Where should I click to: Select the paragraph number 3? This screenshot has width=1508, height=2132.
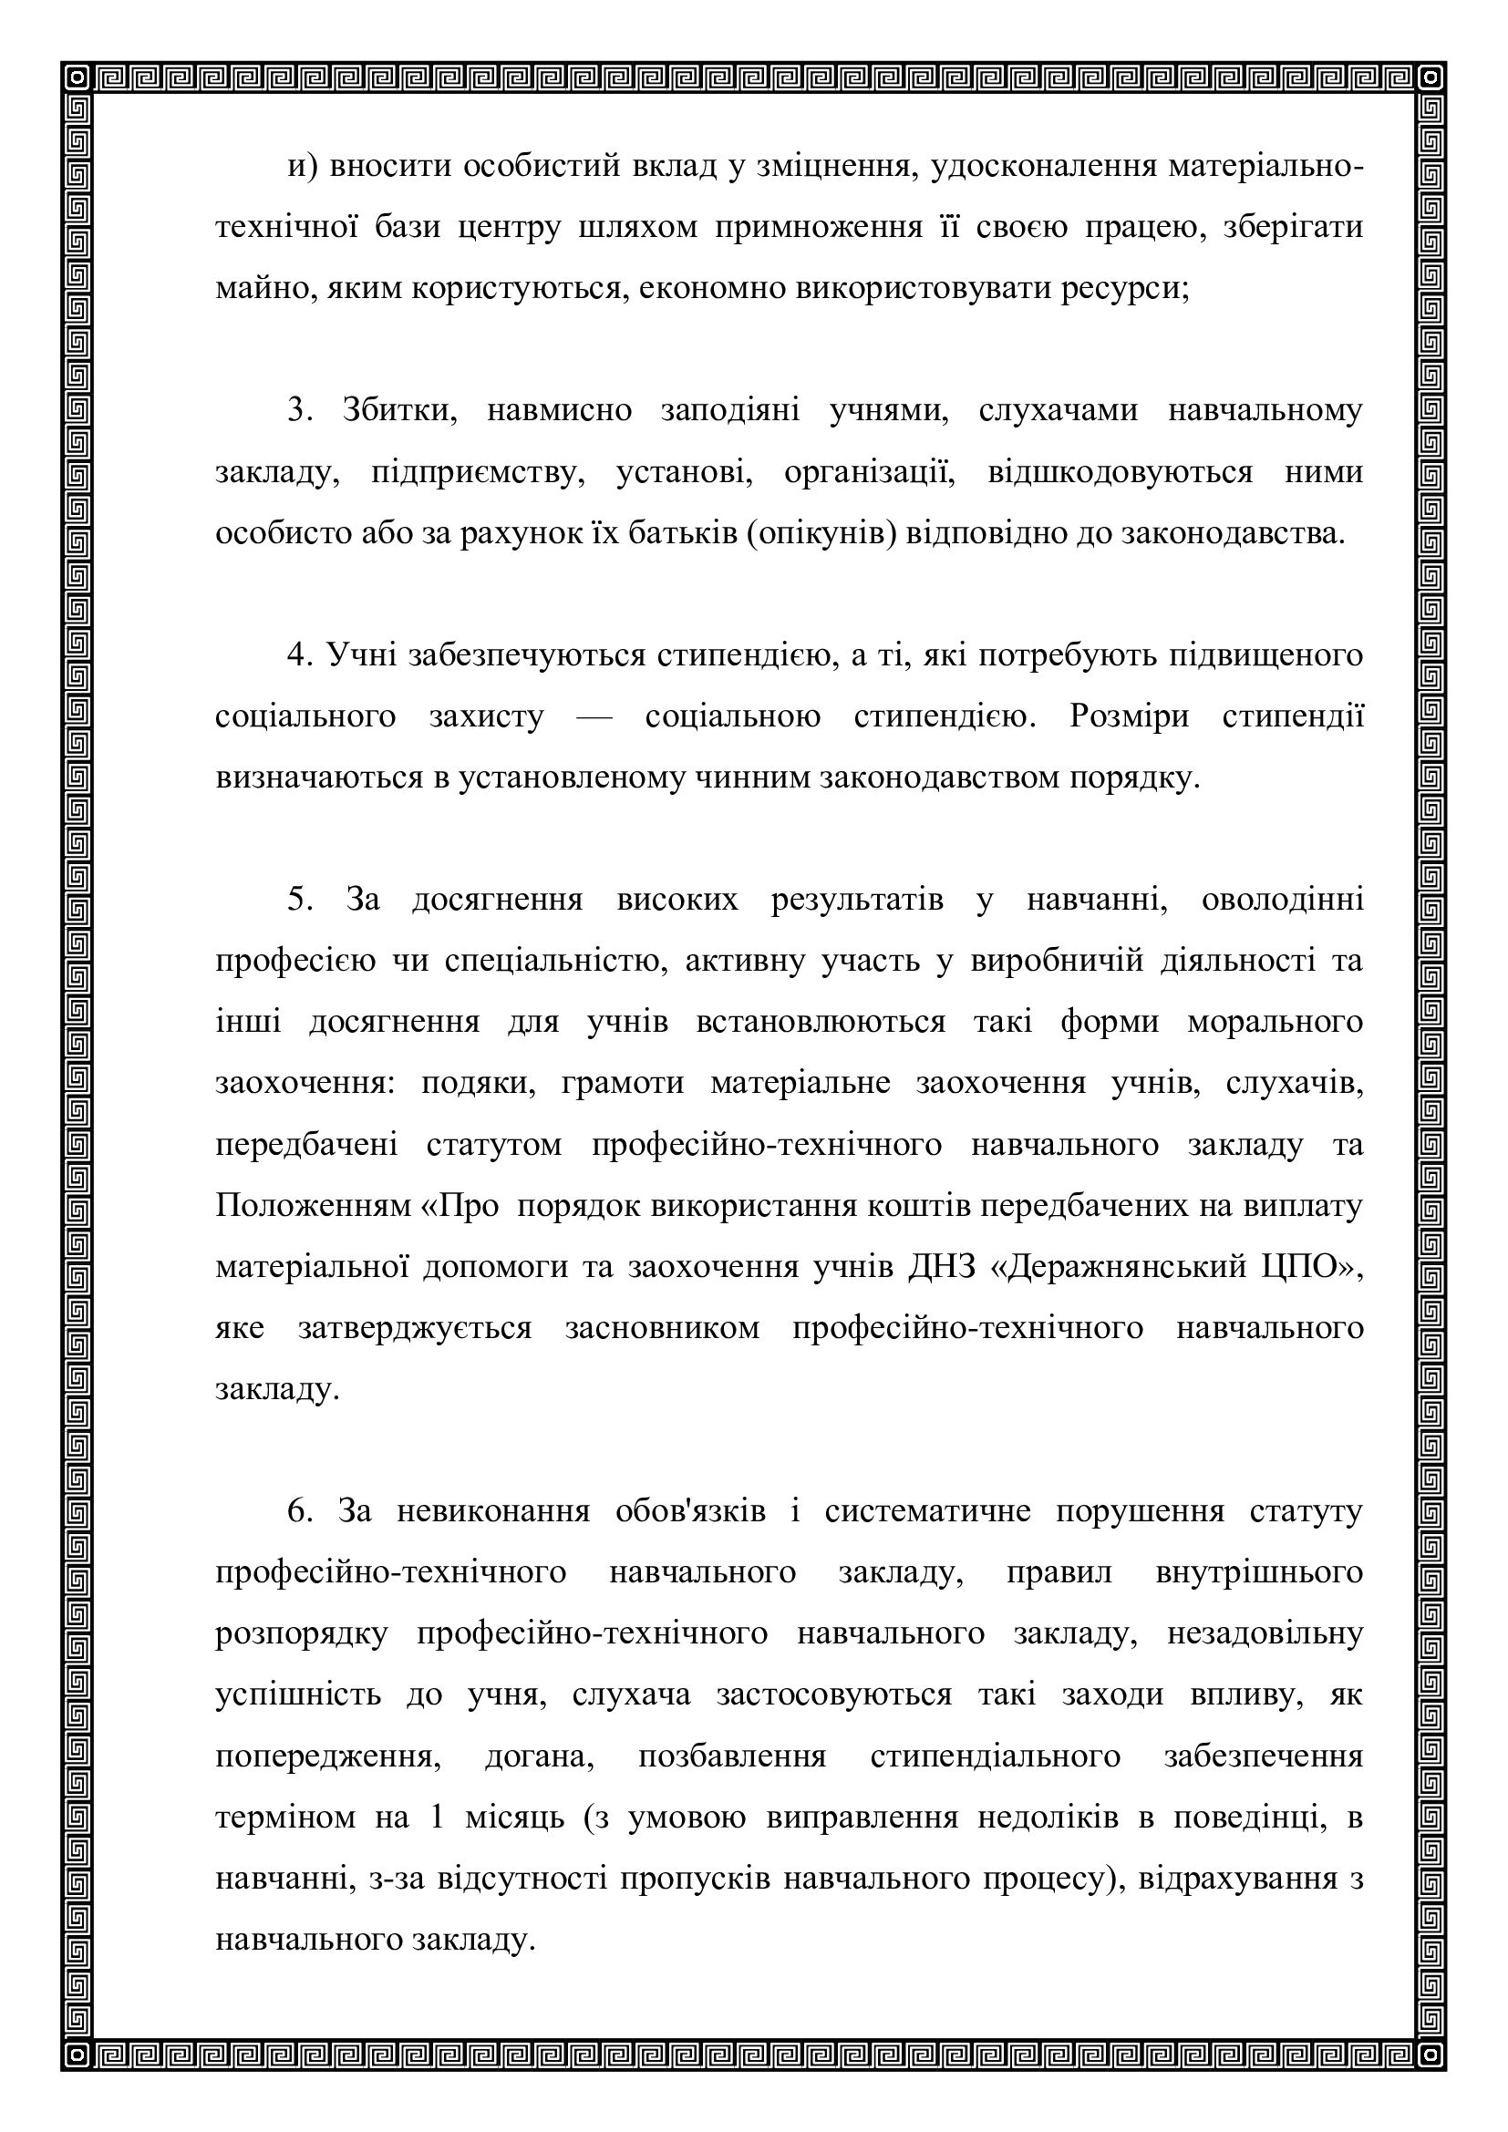pyautogui.click(x=297, y=411)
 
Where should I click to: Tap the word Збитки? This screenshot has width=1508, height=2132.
pyautogui.click(x=399, y=411)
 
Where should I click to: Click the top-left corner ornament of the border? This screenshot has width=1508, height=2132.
pyautogui.click(x=79, y=79)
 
